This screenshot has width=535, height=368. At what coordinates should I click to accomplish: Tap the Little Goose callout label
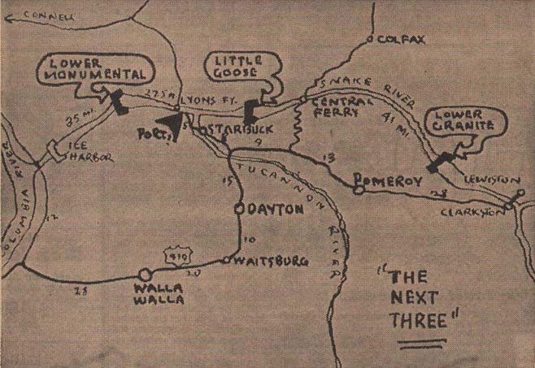click(241, 66)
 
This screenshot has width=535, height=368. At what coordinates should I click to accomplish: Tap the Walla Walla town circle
click(145, 275)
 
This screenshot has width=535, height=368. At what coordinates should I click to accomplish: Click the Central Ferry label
click(334, 107)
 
